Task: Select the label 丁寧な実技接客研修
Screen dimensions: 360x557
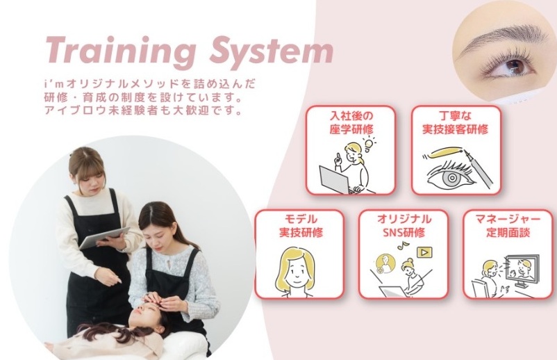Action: [455, 122]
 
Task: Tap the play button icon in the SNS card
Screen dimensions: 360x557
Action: [423, 253]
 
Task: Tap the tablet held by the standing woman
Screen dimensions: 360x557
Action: [105, 237]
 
